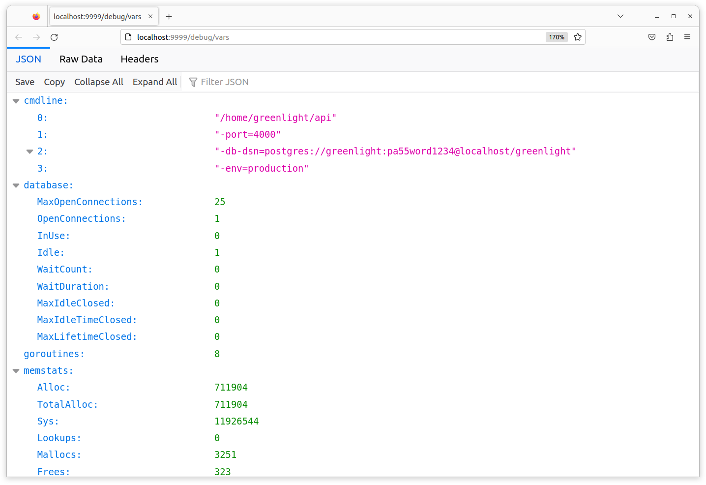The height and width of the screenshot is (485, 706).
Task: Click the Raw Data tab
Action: [81, 59]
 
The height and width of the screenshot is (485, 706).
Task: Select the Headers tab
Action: [139, 59]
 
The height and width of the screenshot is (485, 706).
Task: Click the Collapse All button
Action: [99, 82]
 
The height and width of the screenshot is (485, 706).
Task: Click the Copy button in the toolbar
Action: [54, 82]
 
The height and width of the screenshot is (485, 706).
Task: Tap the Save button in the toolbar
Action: [25, 82]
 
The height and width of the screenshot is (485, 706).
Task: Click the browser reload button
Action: [54, 37]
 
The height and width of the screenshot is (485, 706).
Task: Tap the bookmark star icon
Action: [577, 37]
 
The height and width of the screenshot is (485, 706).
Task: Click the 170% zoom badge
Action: [556, 37]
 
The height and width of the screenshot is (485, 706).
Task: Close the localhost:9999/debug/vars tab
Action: [150, 16]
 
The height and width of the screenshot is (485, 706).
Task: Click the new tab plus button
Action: [169, 17]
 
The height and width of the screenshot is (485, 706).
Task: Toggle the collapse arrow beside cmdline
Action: [16, 101]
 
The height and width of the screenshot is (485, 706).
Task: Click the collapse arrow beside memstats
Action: [16, 371]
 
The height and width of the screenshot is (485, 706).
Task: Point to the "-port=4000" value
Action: [247, 135]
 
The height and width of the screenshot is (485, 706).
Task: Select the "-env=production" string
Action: [261, 168]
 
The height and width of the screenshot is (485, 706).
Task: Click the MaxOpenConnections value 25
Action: [220, 202]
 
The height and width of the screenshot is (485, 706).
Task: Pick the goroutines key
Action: [54, 354]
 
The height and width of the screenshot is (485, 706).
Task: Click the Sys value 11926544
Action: [236, 421]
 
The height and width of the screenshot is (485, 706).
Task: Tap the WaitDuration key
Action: [73, 286]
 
